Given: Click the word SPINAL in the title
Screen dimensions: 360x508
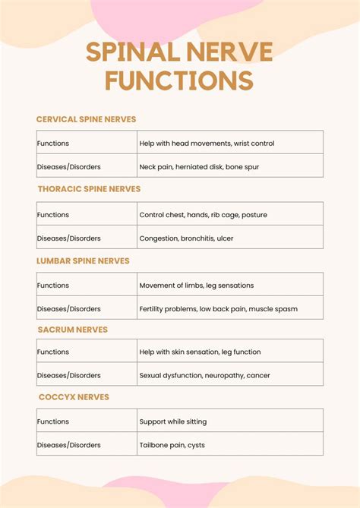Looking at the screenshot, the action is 125,52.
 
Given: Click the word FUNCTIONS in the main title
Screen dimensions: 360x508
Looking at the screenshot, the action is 179,80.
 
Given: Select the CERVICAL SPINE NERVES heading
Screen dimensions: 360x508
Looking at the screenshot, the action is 86,119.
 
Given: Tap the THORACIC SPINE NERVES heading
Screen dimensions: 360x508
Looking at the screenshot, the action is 89,189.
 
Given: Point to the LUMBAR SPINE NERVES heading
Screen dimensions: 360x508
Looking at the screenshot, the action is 83,260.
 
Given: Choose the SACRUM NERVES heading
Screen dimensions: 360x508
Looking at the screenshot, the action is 73,330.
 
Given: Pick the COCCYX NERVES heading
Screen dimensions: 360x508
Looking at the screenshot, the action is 74,397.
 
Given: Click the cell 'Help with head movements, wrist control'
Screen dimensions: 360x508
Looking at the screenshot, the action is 207,143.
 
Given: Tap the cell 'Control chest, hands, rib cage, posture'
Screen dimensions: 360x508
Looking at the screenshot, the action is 203,215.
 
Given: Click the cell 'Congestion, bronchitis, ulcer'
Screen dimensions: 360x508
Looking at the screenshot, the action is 186,238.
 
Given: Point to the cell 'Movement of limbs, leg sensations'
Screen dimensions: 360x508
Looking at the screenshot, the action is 196,286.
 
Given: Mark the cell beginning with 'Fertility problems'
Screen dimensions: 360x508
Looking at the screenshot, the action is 218,309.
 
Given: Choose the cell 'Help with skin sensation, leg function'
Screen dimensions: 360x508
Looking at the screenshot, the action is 200,352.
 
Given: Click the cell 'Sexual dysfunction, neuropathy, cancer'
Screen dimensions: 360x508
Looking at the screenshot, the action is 204,375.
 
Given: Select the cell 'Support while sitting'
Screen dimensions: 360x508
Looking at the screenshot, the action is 172,421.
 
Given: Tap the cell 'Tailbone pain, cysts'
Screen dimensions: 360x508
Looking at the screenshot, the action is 172,445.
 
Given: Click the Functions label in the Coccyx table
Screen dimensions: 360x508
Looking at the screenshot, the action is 53,421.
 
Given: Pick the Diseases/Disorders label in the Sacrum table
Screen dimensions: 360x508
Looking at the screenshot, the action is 69,375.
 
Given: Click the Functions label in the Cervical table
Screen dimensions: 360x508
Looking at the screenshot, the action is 53,143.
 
